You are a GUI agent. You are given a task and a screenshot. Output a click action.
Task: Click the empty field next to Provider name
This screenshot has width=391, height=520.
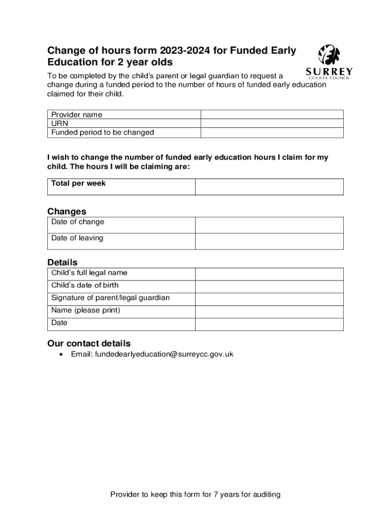pos(272,115)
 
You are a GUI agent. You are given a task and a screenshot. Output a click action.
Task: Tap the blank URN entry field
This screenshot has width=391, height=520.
pos(272,123)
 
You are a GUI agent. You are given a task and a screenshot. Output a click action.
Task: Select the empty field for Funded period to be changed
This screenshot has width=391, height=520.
pos(272,133)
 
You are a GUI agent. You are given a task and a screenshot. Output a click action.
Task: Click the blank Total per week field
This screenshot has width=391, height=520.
pos(269,186)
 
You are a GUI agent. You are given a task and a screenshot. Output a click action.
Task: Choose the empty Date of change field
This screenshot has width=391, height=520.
pos(269,225)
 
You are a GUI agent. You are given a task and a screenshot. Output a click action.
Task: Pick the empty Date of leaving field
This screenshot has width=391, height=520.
pos(269,241)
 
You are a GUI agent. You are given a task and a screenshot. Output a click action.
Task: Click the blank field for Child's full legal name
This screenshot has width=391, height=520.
pos(269,274)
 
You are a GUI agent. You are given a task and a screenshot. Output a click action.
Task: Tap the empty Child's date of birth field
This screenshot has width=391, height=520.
pos(269,286)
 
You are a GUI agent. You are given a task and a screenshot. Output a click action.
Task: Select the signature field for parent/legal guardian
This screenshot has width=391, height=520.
pos(269,299)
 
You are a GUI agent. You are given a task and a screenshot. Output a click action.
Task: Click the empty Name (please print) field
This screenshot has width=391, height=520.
pos(269,312)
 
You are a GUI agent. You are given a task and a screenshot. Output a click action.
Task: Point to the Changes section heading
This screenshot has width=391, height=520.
pos(67,211)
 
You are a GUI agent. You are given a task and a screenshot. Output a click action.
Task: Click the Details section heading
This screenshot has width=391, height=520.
pos(62,263)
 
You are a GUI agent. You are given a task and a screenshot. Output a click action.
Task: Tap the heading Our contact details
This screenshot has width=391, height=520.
pos(89,343)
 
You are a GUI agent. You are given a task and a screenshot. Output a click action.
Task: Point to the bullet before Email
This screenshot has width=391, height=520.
pos(61,354)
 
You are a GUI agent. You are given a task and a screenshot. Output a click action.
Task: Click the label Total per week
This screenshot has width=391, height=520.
pos(78,183)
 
